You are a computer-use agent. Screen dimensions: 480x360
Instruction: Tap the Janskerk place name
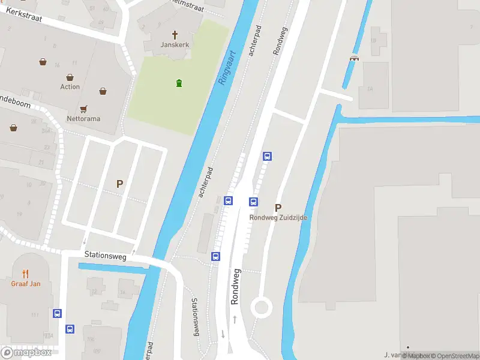click(x=175, y=45)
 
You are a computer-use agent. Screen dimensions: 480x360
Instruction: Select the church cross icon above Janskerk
click(x=176, y=35)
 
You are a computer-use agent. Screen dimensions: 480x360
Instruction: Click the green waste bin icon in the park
click(x=178, y=83)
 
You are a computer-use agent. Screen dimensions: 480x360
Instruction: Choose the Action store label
click(x=70, y=87)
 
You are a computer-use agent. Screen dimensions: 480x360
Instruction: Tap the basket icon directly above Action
click(x=70, y=77)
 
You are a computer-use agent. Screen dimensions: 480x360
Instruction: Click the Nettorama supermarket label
click(x=83, y=119)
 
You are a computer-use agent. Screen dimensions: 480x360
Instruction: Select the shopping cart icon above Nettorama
click(x=84, y=109)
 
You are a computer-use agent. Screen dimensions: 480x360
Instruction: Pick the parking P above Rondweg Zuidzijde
click(x=278, y=208)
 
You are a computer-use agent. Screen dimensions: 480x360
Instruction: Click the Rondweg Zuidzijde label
click(x=278, y=218)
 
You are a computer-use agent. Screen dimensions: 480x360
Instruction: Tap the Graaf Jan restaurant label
click(x=26, y=284)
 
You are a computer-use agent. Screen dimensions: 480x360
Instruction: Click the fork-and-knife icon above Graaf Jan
click(x=26, y=274)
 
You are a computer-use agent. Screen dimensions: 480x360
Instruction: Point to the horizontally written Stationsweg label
click(x=105, y=256)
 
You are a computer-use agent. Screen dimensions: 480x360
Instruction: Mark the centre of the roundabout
click(x=262, y=308)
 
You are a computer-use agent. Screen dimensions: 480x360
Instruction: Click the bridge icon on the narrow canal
click(x=354, y=58)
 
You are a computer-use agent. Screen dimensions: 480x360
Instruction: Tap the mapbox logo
click(x=26, y=353)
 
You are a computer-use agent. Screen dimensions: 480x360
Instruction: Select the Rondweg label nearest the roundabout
click(x=236, y=287)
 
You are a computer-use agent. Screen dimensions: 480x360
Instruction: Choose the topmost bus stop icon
click(x=268, y=156)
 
